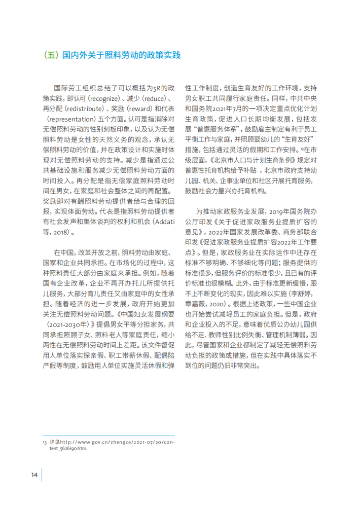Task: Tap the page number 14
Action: [x=33, y=475]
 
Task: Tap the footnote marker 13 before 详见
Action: [x=44, y=441]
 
